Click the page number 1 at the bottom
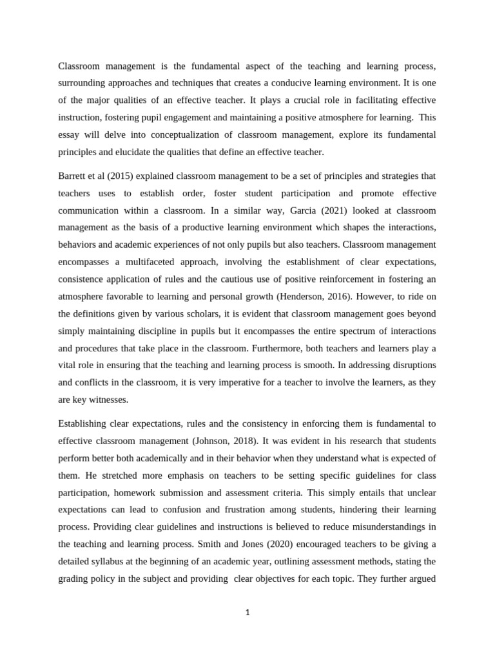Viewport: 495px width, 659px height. coord(247,612)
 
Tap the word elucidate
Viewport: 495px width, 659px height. coord(162,152)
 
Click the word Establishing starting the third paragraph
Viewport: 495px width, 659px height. coord(83,423)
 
